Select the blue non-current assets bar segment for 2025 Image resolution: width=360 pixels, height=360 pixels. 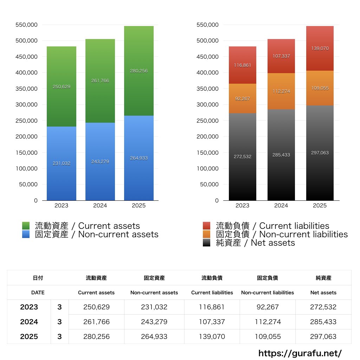point(139,176)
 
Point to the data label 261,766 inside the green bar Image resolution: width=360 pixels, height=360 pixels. point(100,81)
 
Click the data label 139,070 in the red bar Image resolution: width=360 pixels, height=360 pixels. point(320,49)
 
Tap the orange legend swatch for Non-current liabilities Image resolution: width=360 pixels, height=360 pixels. point(207,234)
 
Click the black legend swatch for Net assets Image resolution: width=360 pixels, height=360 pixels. point(207,243)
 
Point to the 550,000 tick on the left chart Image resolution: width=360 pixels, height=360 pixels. point(27,25)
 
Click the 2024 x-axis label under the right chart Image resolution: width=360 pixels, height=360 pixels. point(281,206)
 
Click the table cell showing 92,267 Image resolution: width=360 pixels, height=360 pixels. point(268,307)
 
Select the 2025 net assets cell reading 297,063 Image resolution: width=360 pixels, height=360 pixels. point(323,337)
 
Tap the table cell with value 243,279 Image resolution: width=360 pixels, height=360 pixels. point(154,322)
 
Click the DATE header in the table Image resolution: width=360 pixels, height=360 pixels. point(38,292)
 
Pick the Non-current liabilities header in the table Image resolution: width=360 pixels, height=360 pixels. point(268,292)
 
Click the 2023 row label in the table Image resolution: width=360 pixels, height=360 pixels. point(29,307)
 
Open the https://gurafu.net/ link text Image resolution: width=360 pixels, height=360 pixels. point(300,353)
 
